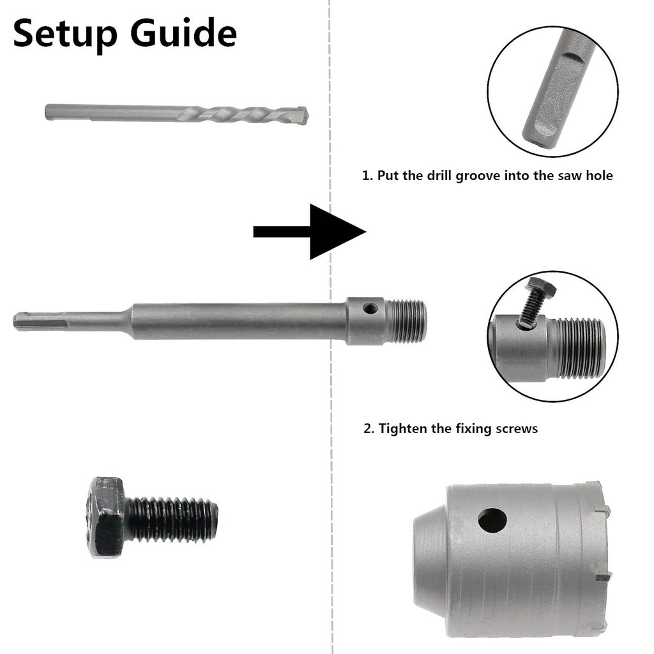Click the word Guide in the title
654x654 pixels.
(x=183, y=32)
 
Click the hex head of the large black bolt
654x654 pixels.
(x=107, y=517)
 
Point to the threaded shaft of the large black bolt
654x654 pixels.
(x=171, y=519)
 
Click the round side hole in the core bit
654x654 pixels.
(x=492, y=520)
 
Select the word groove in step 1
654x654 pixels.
(x=478, y=176)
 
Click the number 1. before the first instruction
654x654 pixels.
(x=367, y=176)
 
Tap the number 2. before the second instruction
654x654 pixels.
(x=369, y=429)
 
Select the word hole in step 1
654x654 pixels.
(x=599, y=175)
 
